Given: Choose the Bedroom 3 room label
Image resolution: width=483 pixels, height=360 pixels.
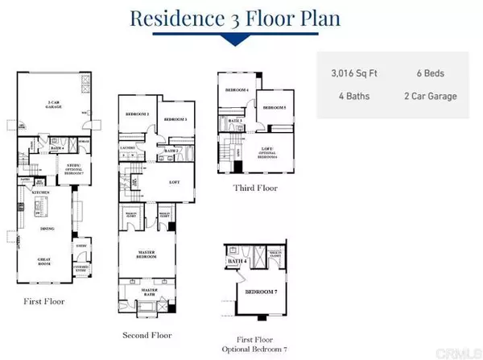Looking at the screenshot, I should [175, 119].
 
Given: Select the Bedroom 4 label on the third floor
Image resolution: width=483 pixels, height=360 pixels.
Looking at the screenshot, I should [237, 89].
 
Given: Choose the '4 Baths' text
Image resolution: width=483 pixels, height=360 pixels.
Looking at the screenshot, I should [349, 97].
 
